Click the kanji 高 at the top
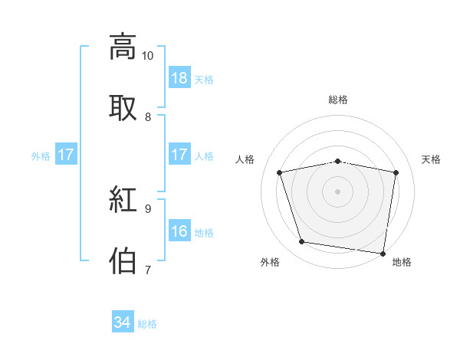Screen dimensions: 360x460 point(123,47)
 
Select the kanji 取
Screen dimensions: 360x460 point(123,108)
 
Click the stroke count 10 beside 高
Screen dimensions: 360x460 point(148,56)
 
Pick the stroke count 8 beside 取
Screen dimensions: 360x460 point(148,116)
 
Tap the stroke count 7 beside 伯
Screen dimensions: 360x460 point(148,269)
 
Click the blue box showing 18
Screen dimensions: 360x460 point(179,78)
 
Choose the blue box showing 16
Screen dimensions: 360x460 point(179,231)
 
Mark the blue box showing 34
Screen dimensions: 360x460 point(123,322)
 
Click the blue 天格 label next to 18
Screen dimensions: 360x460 point(204,79)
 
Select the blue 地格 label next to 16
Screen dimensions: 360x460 point(204,232)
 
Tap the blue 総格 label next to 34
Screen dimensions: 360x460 point(147,323)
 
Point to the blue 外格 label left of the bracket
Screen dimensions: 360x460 point(41,155)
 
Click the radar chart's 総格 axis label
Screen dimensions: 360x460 point(338,100)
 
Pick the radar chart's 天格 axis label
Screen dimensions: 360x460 point(432,159)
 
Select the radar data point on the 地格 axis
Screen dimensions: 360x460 point(383,253)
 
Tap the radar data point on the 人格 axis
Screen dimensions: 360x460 point(280,172)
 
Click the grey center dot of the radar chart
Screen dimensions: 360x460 point(338,191)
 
